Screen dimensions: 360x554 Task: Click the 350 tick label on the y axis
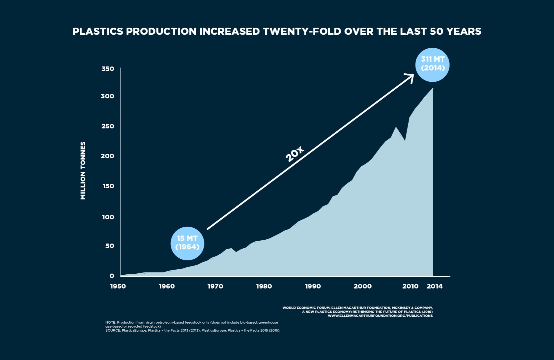108,69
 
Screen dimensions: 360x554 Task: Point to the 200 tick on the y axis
107,156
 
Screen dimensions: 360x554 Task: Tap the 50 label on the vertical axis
110,246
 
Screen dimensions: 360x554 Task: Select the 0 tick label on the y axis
112,276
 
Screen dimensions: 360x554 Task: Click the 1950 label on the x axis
118,286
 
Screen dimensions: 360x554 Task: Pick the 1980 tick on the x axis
264,286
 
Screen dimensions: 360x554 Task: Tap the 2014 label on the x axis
435,286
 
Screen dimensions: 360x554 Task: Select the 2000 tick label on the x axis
363,286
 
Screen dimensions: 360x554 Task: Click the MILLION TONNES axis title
83,171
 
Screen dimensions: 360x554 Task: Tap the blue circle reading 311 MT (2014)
432,64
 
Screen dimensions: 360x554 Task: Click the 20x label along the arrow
295,154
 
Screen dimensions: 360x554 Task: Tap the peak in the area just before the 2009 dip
396,128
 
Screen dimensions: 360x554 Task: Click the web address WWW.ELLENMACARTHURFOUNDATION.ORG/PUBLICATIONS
380,316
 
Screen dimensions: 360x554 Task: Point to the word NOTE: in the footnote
111,322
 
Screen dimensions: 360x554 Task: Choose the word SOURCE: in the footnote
113,330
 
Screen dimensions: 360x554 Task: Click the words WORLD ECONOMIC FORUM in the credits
306,308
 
